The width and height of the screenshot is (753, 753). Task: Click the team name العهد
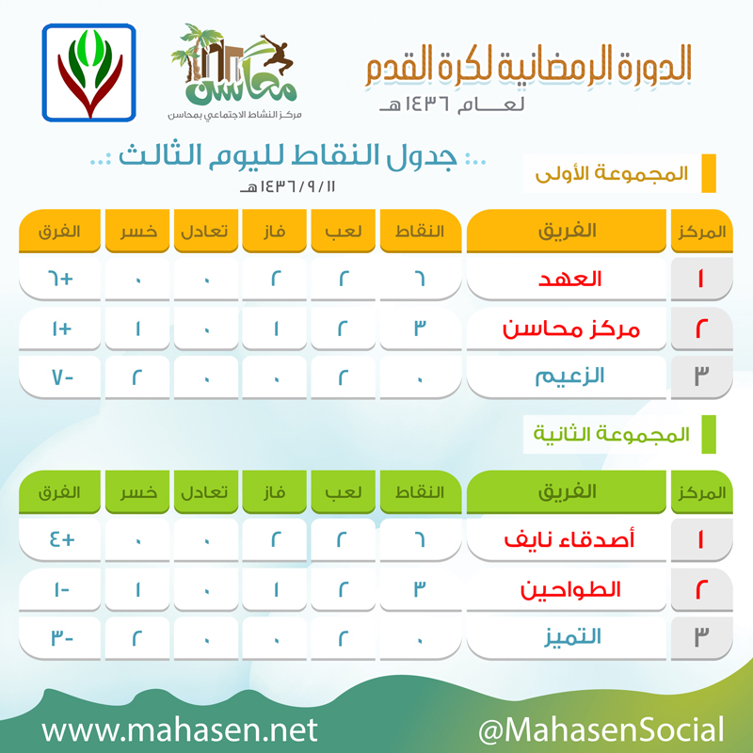pyautogui.click(x=570, y=279)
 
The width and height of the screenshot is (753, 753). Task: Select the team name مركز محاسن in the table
pyautogui.click(x=571, y=328)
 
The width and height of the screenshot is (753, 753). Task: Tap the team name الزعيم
pyautogui.click(x=569, y=376)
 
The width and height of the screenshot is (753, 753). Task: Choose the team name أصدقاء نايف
pyautogui.click(x=569, y=539)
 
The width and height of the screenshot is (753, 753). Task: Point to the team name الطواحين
pyautogui.click(x=570, y=589)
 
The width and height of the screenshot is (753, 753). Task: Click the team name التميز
pyautogui.click(x=572, y=637)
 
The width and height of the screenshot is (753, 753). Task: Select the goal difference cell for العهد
pyautogui.click(x=59, y=279)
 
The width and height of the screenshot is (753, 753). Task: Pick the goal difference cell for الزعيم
pyautogui.click(x=59, y=377)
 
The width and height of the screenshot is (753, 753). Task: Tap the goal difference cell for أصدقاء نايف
pyautogui.click(x=59, y=539)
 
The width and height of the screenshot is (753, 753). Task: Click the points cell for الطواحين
pyautogui.click(x=420, y=589)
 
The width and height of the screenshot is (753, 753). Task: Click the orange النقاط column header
pyautogui.click(x=420, y=231)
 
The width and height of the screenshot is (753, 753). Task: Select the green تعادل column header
pyautogui.click(x=205, y=492)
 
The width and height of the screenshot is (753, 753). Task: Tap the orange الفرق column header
pyautogui.click(x=59, y=231)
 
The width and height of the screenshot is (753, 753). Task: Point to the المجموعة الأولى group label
pyautogui.click(x=612, y=173)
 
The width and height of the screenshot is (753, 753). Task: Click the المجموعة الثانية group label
pyautogui.click(x=611, y=434)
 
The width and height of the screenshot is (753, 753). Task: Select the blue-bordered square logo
pyautogui.click(x=88, y=72)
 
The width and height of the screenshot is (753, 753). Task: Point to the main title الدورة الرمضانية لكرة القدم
pyautogui.click(x=528, y=65)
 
